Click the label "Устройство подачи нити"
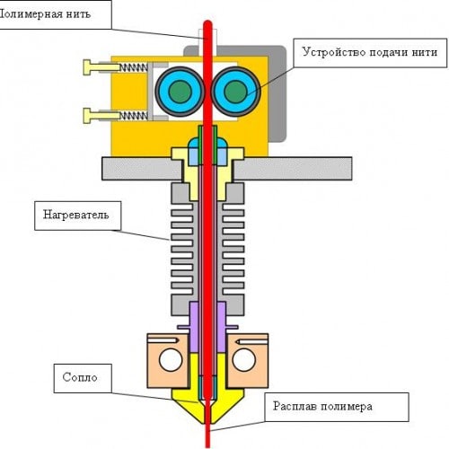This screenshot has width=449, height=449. point(370,52)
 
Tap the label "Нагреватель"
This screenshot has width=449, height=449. point(76,215)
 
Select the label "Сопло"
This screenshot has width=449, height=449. point(80,377)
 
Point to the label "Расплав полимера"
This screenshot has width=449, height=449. point(322,407)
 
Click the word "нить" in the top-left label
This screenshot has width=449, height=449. point(79,14)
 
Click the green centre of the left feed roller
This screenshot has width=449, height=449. point(180,92)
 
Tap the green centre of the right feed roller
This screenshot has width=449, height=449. point(235,92)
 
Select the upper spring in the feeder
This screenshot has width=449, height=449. point(134,67)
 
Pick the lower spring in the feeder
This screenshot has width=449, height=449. point(134,116)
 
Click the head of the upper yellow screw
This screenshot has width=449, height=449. point(87,67)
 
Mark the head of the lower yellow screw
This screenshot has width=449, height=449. point(87,116)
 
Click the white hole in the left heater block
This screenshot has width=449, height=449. point(171,360)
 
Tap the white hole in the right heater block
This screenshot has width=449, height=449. point(244,360)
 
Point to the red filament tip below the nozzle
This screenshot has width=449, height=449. point(207,446)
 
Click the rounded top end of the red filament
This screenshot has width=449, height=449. point(207,22)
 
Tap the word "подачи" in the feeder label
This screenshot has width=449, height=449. point(388,52)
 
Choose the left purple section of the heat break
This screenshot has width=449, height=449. point(194,327)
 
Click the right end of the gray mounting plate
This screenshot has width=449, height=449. point(351,168)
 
